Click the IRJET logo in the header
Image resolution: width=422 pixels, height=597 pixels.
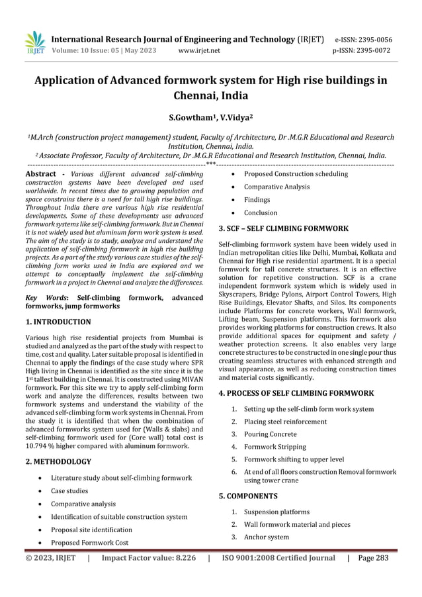pos(34,42)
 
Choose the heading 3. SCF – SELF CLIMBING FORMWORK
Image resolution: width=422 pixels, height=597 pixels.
pos(283,228)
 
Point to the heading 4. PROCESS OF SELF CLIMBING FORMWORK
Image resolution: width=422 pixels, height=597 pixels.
pos(296,393)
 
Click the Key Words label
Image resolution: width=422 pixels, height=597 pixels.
pos(45,298)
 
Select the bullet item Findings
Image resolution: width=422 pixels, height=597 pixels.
pos(257,200)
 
